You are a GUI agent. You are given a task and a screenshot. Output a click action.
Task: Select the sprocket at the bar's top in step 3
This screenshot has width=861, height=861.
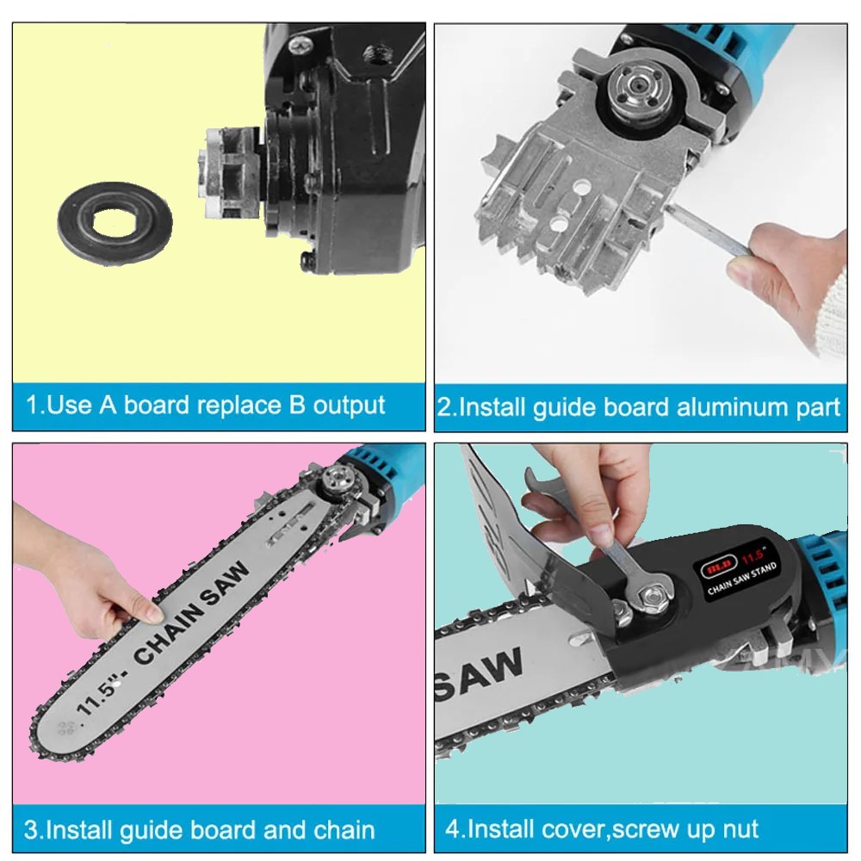(x=336, y=480)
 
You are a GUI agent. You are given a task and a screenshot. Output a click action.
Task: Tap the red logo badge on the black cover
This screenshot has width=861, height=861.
(x=718, y=569)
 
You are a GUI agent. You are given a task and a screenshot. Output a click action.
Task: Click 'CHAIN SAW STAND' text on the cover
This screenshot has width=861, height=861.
(x=742, y=579)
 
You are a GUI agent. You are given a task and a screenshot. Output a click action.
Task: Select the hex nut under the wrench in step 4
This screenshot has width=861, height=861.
(x=653, y=593)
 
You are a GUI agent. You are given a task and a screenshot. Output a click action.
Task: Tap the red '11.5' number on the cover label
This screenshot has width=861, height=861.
(x=753, y=556)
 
